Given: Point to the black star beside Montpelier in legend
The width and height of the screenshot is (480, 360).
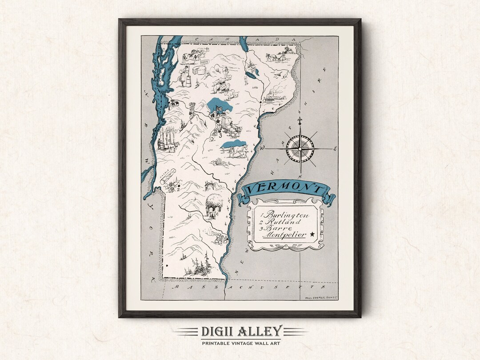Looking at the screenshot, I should click(312, 234).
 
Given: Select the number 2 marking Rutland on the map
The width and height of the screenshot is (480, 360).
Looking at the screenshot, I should click(178, 189).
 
